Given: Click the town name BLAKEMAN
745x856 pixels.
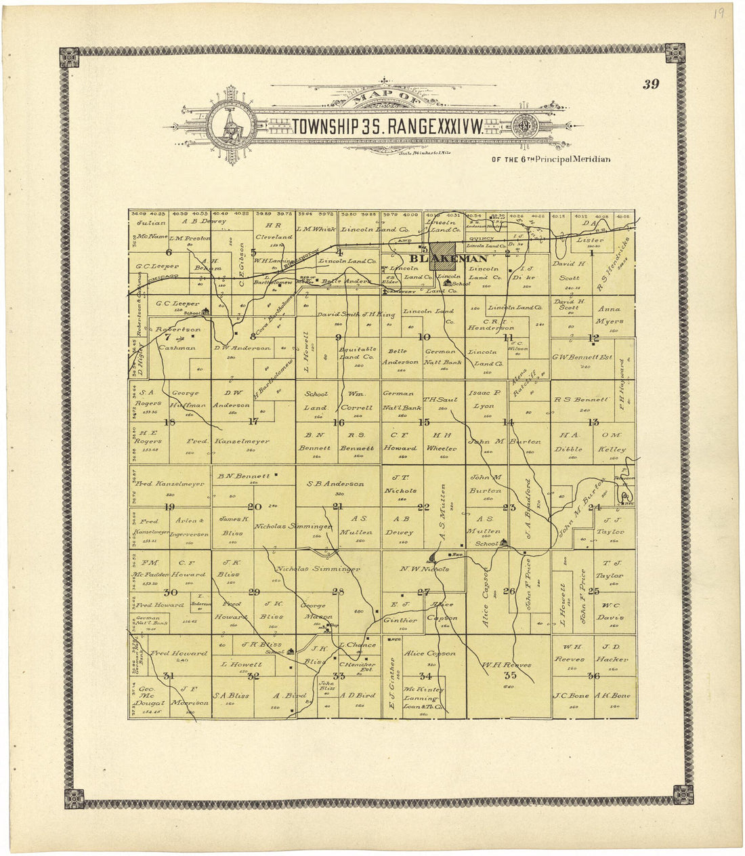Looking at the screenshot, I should click(x=439, y=259).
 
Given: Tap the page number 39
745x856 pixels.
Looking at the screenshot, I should click(x=651, y=85).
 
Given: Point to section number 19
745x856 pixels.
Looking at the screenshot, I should click(x=169, y=507).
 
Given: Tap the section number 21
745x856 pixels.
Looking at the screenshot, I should click(x=338, y=507).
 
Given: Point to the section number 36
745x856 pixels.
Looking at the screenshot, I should click(x=593, y=676).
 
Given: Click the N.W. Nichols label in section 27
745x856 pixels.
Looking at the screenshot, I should click(x=425, y=569).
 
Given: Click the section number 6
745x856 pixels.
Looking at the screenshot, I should click(x=169, y=252).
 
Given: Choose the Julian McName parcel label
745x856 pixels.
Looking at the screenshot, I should click(x=152, y=230).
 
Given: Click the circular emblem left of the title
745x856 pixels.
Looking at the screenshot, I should click(x=232, y=127).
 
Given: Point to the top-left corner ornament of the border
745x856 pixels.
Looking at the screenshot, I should click(x=69, y=57).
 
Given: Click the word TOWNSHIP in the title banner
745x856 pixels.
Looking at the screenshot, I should click(x=324, y=127).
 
